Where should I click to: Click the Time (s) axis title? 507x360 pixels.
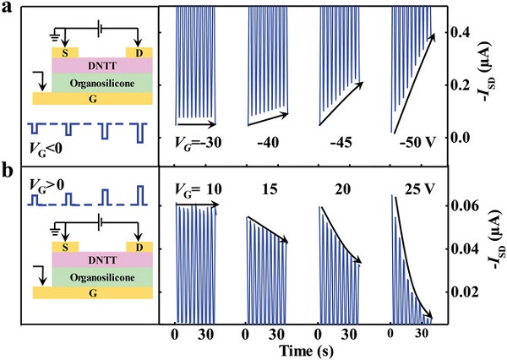click(x=304, y=350)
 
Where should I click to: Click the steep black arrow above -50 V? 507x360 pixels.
click(x=416, y=82)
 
